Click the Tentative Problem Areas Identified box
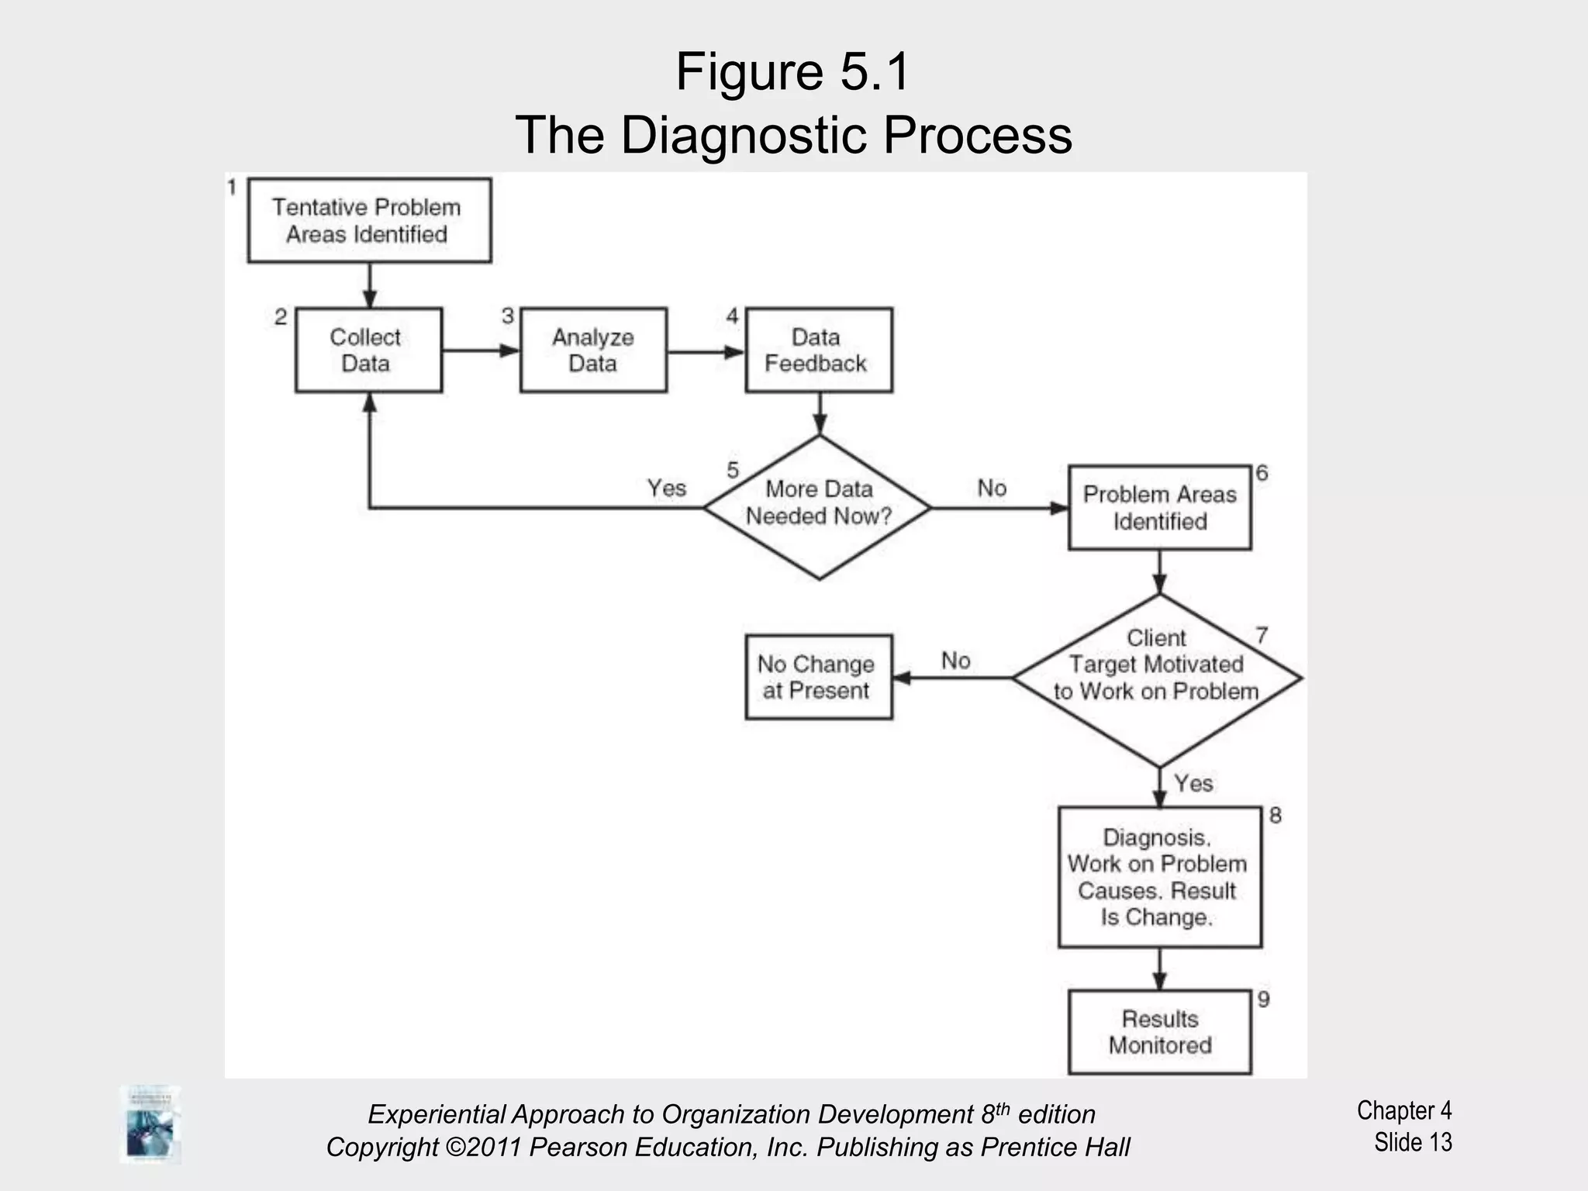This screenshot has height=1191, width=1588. tap(369, 221)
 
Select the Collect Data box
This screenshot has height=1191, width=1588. tap(368, 350)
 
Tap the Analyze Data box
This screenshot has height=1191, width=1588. tap(593, 350)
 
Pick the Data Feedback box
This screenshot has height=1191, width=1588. tap(819, 350)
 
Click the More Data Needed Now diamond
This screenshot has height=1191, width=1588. tap(819, 507)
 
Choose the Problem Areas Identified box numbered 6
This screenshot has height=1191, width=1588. tap(1159, 508)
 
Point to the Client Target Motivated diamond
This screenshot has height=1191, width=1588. tap(1157, 679)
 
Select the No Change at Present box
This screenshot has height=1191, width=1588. tap(819, 677)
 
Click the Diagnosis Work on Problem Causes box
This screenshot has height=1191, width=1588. tap(1159, 877)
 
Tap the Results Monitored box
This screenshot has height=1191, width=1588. tap(1159, 1032)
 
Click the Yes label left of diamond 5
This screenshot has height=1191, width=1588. tap(667, 488)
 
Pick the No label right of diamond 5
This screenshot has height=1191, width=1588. tap(992, 488)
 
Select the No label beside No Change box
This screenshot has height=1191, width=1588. tap(955, 661)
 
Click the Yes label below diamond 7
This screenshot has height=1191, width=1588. tap(1193, 783)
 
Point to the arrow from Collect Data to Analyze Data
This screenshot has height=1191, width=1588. tap(481, 350)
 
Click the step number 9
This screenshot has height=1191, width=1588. tap(1264, 999)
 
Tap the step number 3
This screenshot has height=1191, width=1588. tap(508, 316)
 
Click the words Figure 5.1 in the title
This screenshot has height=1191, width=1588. tap(792, 72)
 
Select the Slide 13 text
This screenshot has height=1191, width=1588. tap(1412, 1142)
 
